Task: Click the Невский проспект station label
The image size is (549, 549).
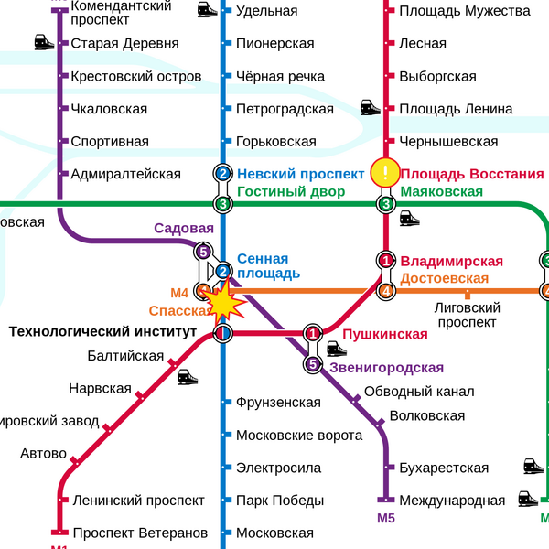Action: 300,174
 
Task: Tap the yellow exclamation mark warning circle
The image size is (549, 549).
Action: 386,172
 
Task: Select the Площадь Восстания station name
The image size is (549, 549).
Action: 472,174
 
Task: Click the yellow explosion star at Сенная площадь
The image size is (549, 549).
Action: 223,299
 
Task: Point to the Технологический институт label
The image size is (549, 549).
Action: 103,331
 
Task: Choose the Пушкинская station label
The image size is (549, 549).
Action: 385,334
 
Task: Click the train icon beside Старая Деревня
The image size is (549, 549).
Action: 44,42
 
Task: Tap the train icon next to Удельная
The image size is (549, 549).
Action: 208,10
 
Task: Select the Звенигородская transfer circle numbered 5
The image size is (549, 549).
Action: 314,365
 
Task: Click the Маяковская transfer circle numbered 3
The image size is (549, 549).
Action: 386,203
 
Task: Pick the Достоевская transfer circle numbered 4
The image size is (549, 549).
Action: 386,291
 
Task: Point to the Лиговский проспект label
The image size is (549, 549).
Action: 467,316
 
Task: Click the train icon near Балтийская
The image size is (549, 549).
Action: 188,376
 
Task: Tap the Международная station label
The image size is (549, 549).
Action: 452,501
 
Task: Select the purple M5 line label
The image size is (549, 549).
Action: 386,519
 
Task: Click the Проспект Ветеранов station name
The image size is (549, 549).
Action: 140,533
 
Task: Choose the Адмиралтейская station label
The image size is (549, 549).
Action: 125,174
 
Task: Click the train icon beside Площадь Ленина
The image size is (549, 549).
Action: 371,107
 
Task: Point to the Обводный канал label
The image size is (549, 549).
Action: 419,392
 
